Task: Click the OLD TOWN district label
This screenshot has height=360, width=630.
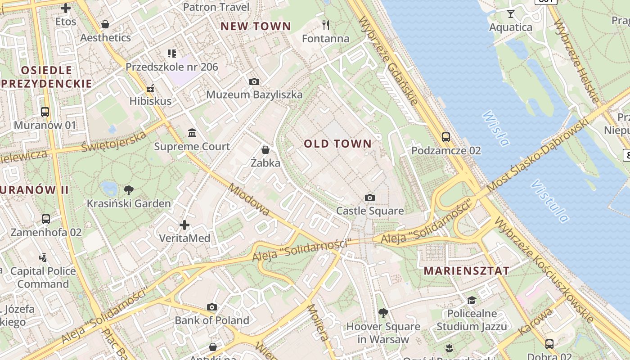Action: pos(338,144)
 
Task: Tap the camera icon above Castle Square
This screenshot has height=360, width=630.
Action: pos(369,198)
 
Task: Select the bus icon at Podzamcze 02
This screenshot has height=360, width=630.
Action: pos(445,137)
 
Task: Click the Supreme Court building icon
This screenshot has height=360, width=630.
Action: pos(192,133)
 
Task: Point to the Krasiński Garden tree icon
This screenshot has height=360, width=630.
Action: pos(129,189)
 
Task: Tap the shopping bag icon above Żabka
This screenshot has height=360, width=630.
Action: pos(265,149)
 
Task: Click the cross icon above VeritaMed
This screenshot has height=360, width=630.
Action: pos(184,225)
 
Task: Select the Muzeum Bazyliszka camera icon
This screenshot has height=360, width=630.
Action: pos(254,81)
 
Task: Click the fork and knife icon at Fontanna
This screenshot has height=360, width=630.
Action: pos(326,25)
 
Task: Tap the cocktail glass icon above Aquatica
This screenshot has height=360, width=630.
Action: pos(510,14)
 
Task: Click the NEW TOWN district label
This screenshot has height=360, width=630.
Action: pos(256,27)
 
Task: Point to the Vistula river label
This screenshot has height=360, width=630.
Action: pos(550,201)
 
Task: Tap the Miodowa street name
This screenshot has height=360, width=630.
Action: pos(248,199)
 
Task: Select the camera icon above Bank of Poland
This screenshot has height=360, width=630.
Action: pos(212,307)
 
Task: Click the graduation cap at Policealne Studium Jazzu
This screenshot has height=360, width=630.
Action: pos(472,300)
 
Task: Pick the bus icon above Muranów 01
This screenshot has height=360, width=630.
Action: pos(45,112)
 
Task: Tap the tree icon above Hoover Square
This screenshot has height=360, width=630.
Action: pos(383,313)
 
